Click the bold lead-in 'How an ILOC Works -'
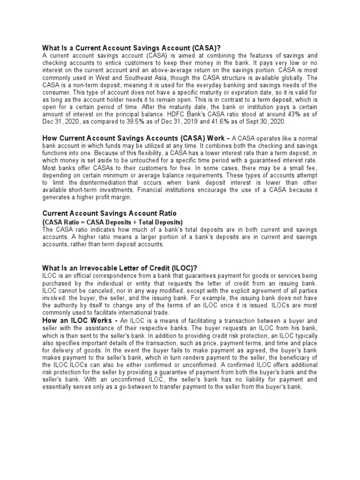[x=80, y=320]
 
